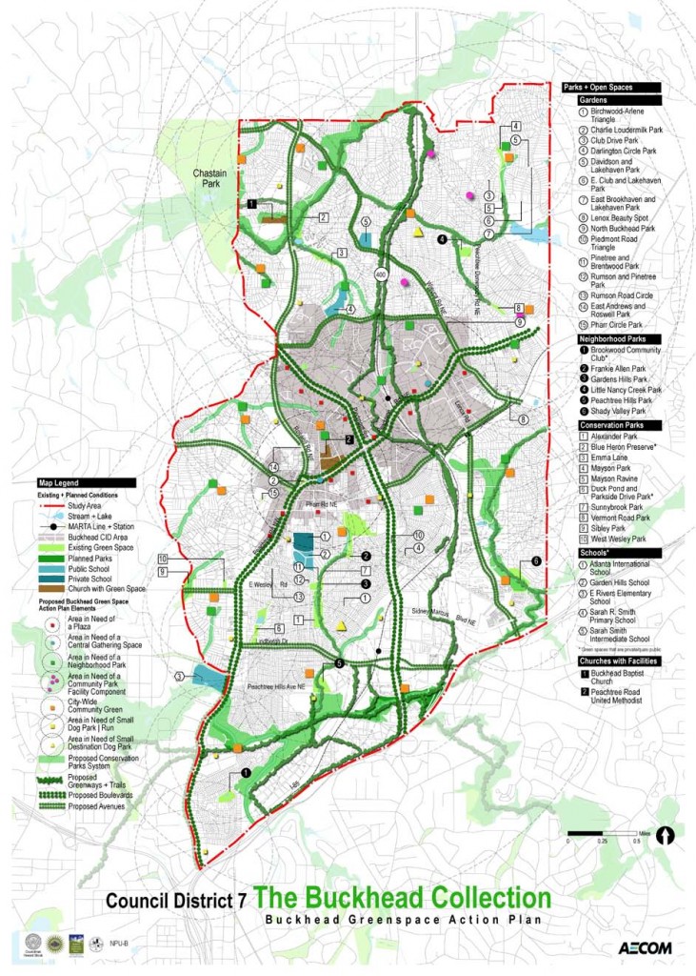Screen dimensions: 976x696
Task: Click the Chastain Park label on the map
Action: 208,181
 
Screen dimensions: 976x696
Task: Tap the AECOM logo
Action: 646,948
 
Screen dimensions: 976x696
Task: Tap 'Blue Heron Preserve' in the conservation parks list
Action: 623,446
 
